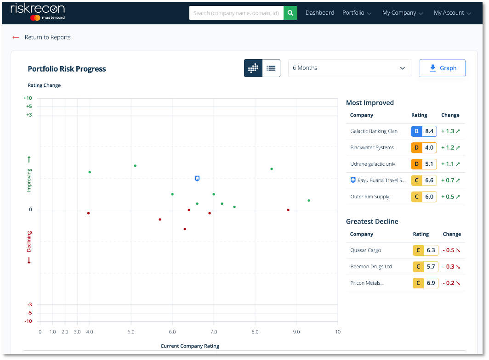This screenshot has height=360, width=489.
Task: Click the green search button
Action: click(290, 13)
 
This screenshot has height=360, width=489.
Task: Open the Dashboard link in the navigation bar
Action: click(320, 13)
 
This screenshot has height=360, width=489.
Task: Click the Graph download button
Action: click(442, 68)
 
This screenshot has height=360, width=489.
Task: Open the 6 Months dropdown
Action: click(349, 68)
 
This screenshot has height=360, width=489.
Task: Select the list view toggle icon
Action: click(271, 68)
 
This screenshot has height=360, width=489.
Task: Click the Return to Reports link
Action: click(47, 37)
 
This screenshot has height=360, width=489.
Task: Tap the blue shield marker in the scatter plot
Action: click(197, 178)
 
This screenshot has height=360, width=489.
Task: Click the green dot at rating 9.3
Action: click(309, 200)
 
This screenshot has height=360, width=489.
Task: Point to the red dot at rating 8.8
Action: click(288, 210)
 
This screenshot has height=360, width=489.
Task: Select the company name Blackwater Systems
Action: click(372, 147)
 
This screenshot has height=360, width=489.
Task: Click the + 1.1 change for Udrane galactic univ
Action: click(450, 164)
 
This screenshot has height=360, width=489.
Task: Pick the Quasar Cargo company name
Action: click(365, 250)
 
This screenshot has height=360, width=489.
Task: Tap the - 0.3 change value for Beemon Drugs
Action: click(451, 267)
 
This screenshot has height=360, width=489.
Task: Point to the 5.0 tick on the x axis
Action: click(131, 332)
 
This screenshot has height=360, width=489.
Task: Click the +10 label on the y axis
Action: click(28, 98)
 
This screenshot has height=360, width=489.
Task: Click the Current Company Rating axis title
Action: click(190, 346)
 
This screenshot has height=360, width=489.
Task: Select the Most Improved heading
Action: click(370, 103)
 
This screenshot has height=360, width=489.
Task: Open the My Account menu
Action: click(452, 13)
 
